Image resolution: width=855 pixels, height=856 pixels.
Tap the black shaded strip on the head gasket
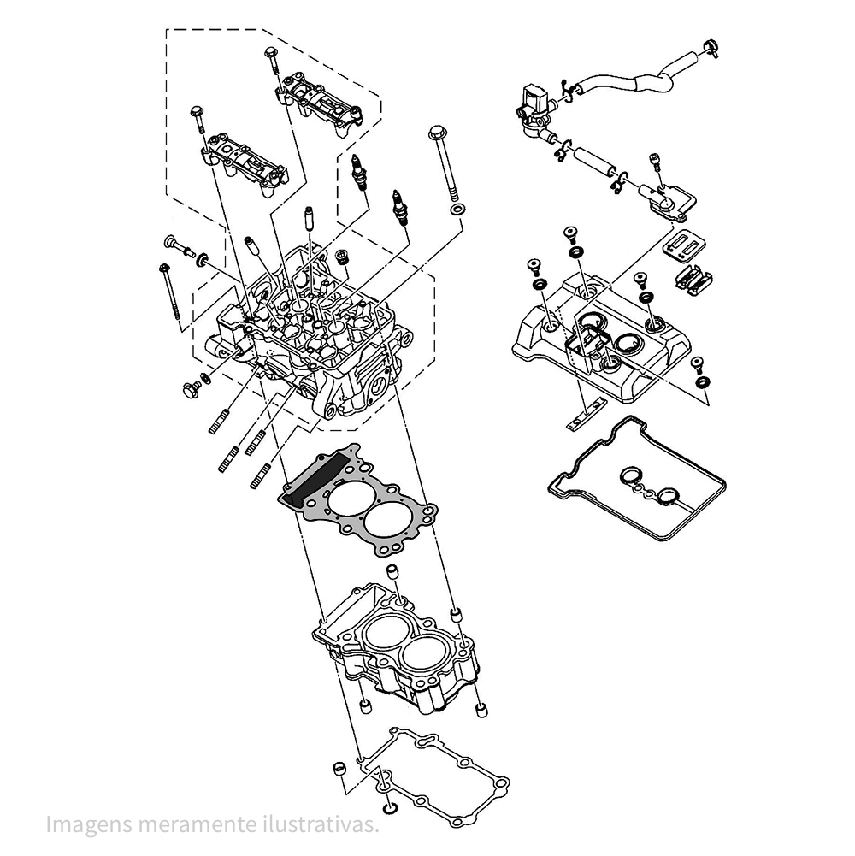(321, 475)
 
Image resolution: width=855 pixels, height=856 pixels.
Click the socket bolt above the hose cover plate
(655, 160)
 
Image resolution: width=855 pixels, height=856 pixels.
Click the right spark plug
(397, 206)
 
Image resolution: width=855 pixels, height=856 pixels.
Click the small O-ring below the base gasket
(391, 806)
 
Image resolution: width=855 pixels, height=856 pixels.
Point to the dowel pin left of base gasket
(339, 765)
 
